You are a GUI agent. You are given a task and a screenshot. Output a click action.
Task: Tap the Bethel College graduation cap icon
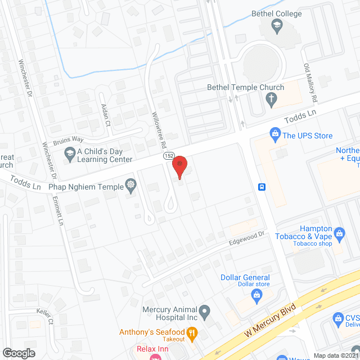click(277, 25)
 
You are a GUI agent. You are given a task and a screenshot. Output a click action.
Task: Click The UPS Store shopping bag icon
click(275, 133)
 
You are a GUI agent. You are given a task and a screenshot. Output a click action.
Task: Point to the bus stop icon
click(262, 187)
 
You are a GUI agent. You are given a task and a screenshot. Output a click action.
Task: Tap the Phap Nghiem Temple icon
click(131, 184)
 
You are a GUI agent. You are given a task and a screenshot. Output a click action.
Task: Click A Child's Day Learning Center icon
click(70, 152)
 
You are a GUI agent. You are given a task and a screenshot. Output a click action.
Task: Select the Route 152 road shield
click(169, 156)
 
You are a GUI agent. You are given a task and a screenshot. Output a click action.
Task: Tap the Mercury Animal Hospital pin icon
click(205, 311)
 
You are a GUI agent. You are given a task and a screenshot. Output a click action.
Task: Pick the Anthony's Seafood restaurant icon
click(192, 335)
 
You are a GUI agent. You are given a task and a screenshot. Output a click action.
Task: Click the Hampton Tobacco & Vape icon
click(339, 232)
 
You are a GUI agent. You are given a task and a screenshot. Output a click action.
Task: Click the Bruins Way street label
click(68, 141)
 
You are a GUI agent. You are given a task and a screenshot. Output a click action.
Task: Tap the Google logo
click(19, 353)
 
